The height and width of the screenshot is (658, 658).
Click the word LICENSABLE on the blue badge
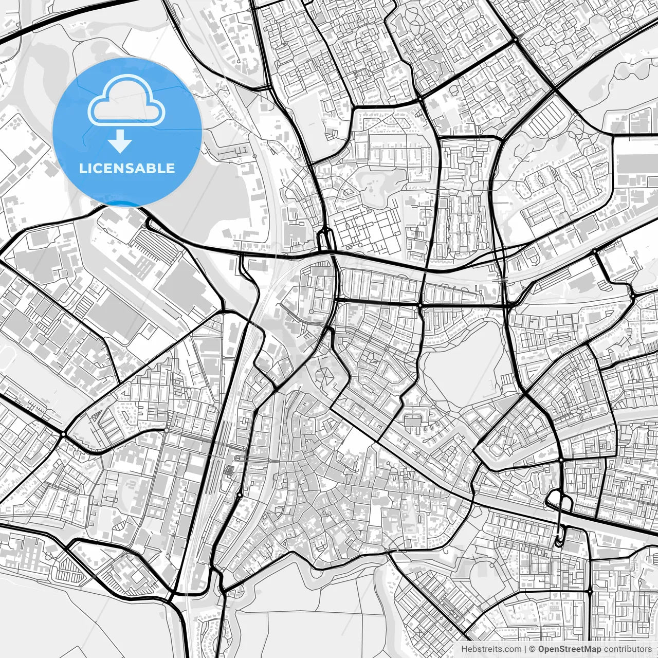coord(127,169)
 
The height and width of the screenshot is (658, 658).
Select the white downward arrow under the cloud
coord(121,141)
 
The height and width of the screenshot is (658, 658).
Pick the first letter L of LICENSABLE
coord(82,169)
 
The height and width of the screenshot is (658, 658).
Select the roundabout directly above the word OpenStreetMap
coord(590,592)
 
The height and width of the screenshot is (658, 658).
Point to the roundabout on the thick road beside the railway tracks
coord(240,495)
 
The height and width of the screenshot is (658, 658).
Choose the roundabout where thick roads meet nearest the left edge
coord(63,434)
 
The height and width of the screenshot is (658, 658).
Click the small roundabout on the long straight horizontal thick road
coord(420,305)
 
